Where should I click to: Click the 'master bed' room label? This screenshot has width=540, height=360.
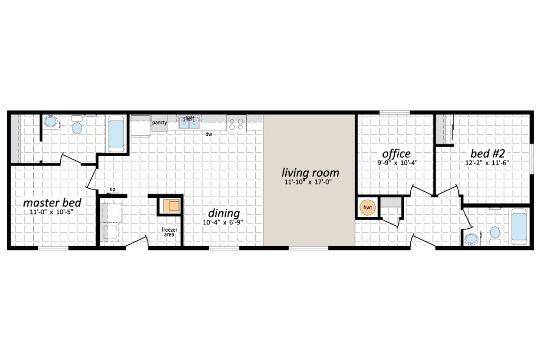click(52, 202)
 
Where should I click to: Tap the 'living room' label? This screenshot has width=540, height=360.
click(310, 172)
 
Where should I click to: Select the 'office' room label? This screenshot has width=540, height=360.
click(396, 154)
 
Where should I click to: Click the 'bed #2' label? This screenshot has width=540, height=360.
click(484, 154)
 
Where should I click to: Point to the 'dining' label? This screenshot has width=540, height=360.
click(224, 213)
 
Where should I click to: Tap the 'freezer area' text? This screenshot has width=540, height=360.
click(170, 232)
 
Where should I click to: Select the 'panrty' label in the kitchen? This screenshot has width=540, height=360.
click(159, 122)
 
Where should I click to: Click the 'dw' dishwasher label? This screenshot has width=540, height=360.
click(209, 134)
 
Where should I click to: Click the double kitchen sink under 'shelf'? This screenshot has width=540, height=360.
click(189, 123)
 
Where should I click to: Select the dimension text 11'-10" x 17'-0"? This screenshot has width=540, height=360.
click(310, 183)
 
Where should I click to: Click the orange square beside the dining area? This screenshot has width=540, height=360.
click(171, 206)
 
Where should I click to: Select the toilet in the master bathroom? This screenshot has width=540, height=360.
click(77, 127)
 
